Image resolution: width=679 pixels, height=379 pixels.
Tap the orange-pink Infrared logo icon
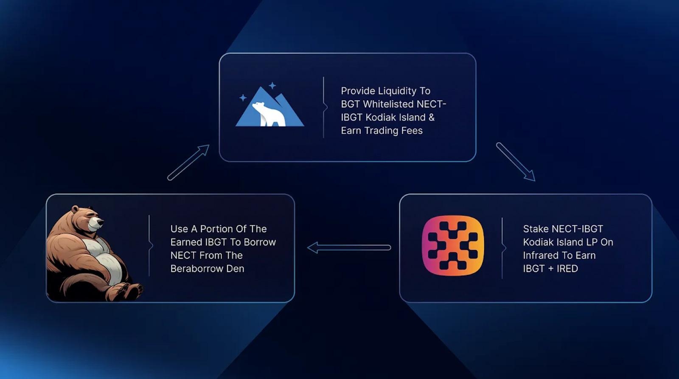[x=453, y=245]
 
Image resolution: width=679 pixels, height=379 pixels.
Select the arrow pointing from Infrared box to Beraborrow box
[x=349, y=247]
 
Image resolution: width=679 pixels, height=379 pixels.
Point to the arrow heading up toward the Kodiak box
[x=188, y=162]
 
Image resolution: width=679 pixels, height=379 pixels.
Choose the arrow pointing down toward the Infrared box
[x=516, y=162]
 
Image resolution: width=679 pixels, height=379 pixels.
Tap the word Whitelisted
[x=388, y=104]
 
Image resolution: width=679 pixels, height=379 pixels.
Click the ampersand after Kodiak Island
[x=431, y=117]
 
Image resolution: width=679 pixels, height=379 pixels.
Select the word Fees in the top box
[x=412, y=131]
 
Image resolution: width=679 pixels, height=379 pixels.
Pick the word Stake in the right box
[x=536, y=229]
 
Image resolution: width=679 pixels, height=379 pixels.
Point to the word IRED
[x=567, y=269]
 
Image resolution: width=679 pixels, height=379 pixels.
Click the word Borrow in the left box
[x=260, y=242]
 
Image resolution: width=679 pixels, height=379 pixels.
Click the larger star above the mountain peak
[x=272, y=85]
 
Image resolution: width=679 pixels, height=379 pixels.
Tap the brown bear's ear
[x=75, y=209]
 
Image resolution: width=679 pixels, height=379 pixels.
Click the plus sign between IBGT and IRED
[x=550, y=269]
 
